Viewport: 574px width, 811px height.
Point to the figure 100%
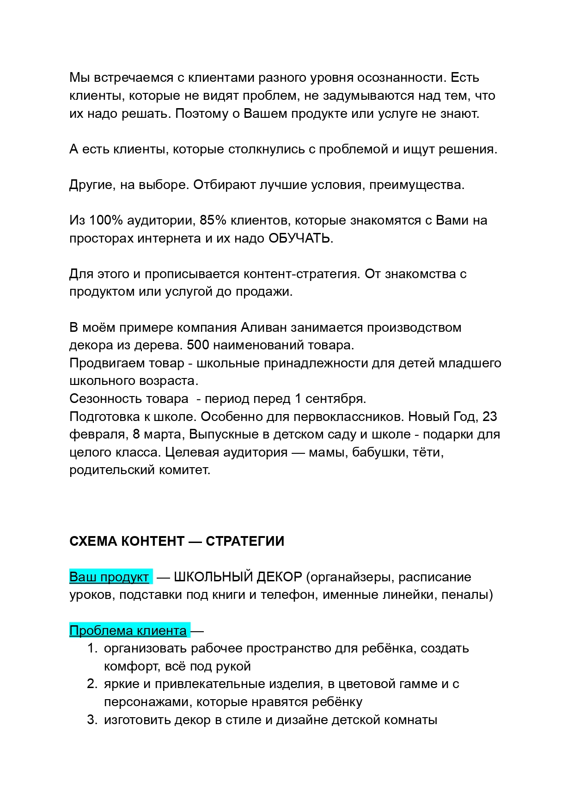click(106, 220)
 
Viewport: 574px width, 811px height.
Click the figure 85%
click(213, 220)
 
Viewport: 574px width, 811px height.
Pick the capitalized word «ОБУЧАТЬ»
click(300, 238)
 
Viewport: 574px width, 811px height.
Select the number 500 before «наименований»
click(198, 345)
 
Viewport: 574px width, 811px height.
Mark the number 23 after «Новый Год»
click(489, 417)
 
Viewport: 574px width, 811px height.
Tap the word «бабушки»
click(379, 452)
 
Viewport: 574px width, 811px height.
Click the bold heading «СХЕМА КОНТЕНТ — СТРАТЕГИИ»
click(177, 541)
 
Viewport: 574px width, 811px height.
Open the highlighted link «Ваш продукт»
click(110, 577)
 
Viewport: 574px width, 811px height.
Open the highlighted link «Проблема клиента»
click(128, 631)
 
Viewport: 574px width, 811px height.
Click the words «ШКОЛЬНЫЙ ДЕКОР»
click(238, 577)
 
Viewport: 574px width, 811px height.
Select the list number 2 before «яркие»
click(92, 684)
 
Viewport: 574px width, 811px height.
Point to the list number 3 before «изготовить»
click(92, 720)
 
